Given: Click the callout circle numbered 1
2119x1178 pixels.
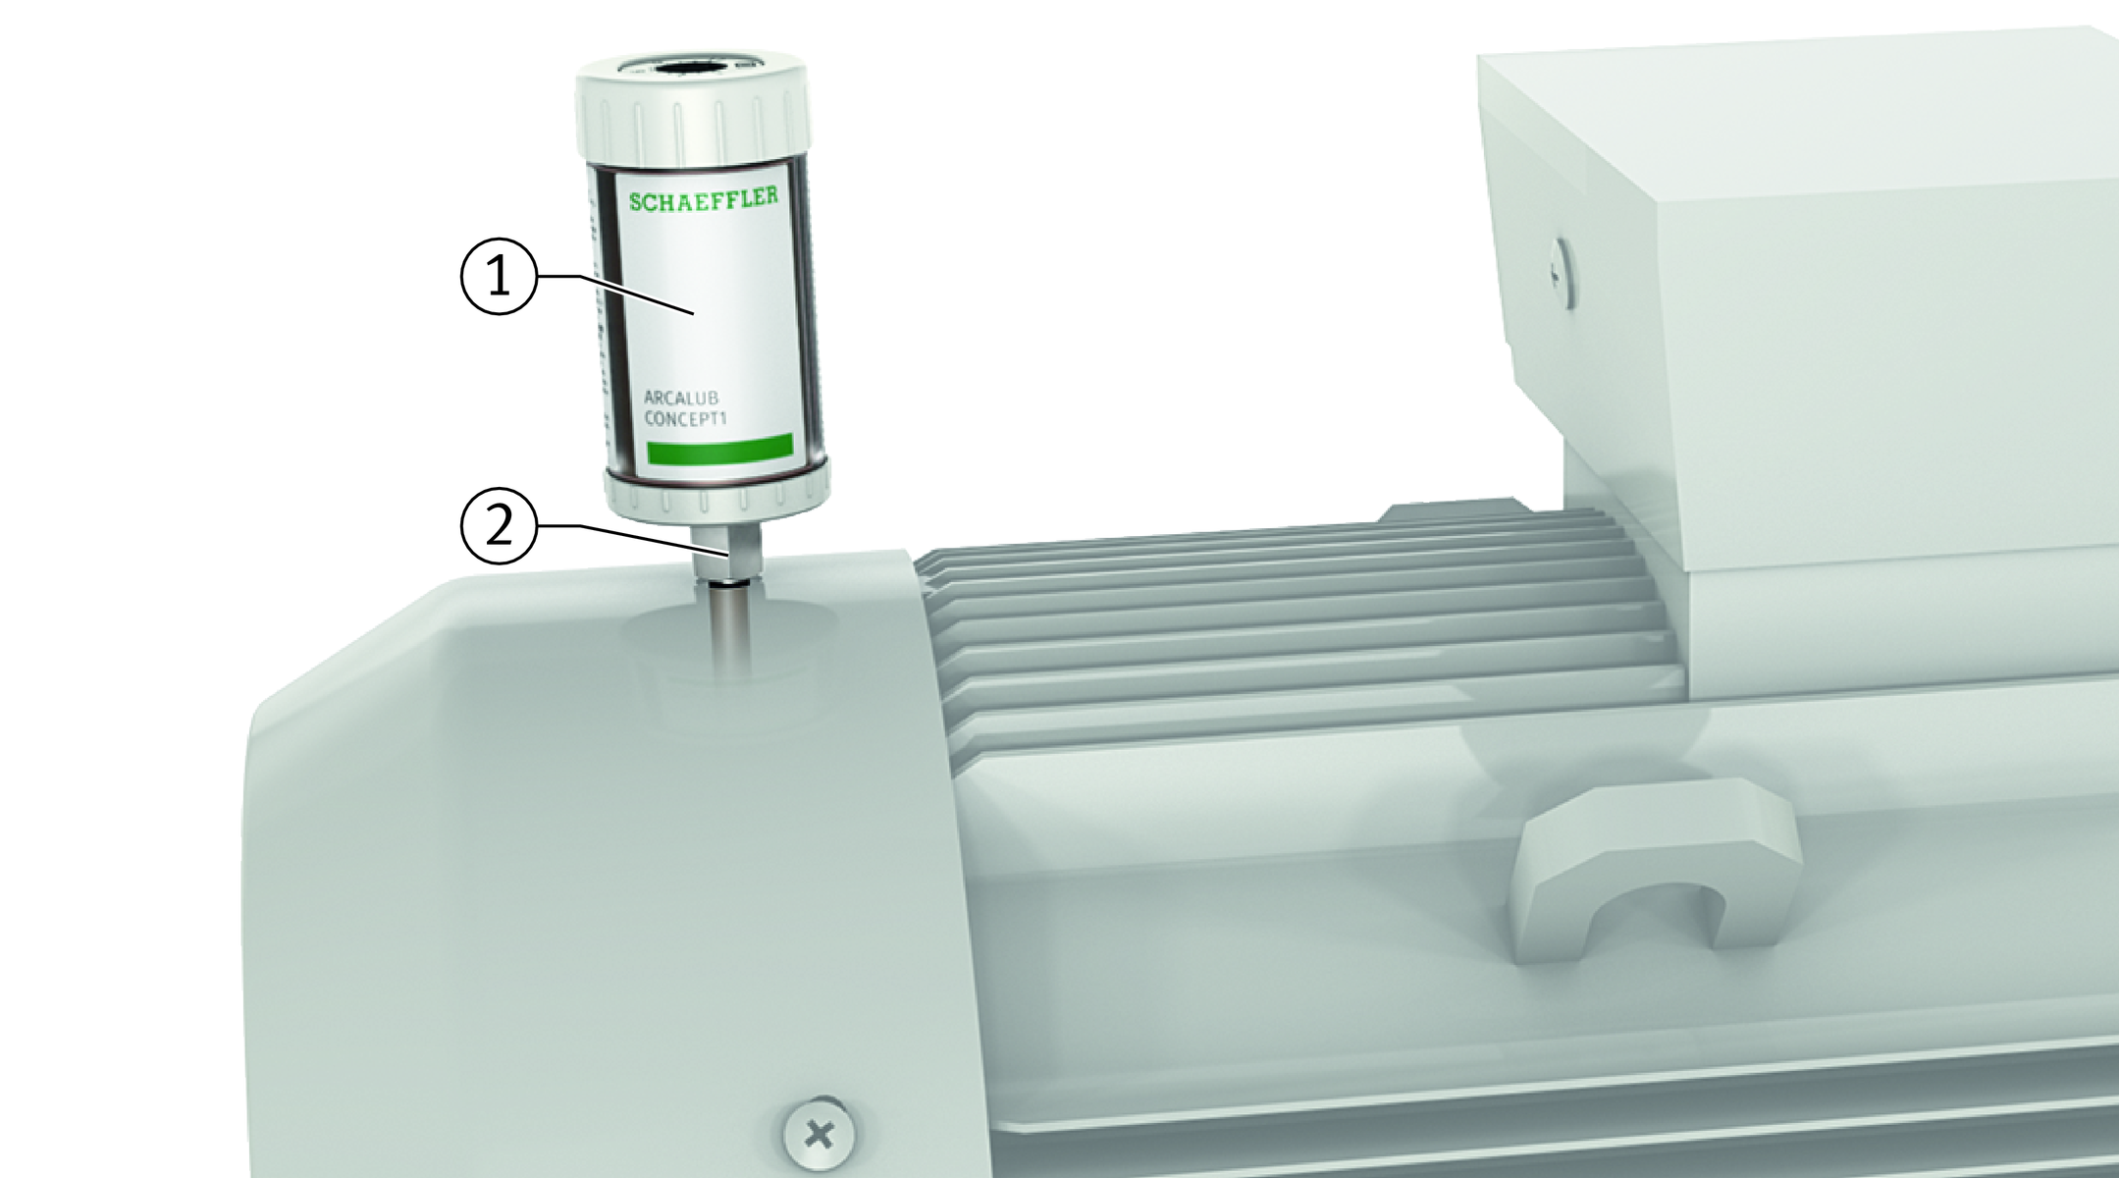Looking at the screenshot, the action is click(x=500, y=277).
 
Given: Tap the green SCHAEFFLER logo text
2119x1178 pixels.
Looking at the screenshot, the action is click(x=704, y=199).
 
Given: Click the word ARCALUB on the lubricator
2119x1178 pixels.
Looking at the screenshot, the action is click(x=681, y=400).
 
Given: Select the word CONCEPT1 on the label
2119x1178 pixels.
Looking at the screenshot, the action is click(x=691, y=419).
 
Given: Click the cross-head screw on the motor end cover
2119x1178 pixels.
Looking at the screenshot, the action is click(x=819, y=1136).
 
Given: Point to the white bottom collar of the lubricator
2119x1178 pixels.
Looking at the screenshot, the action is click(x=717, y=495).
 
